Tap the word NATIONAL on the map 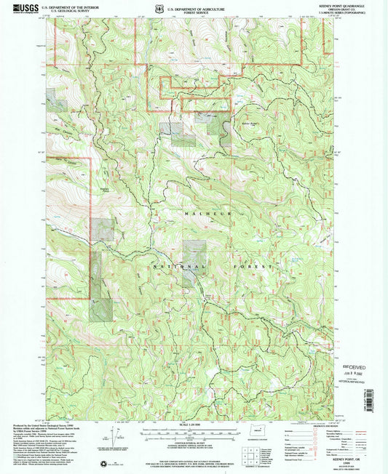point(172,268)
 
